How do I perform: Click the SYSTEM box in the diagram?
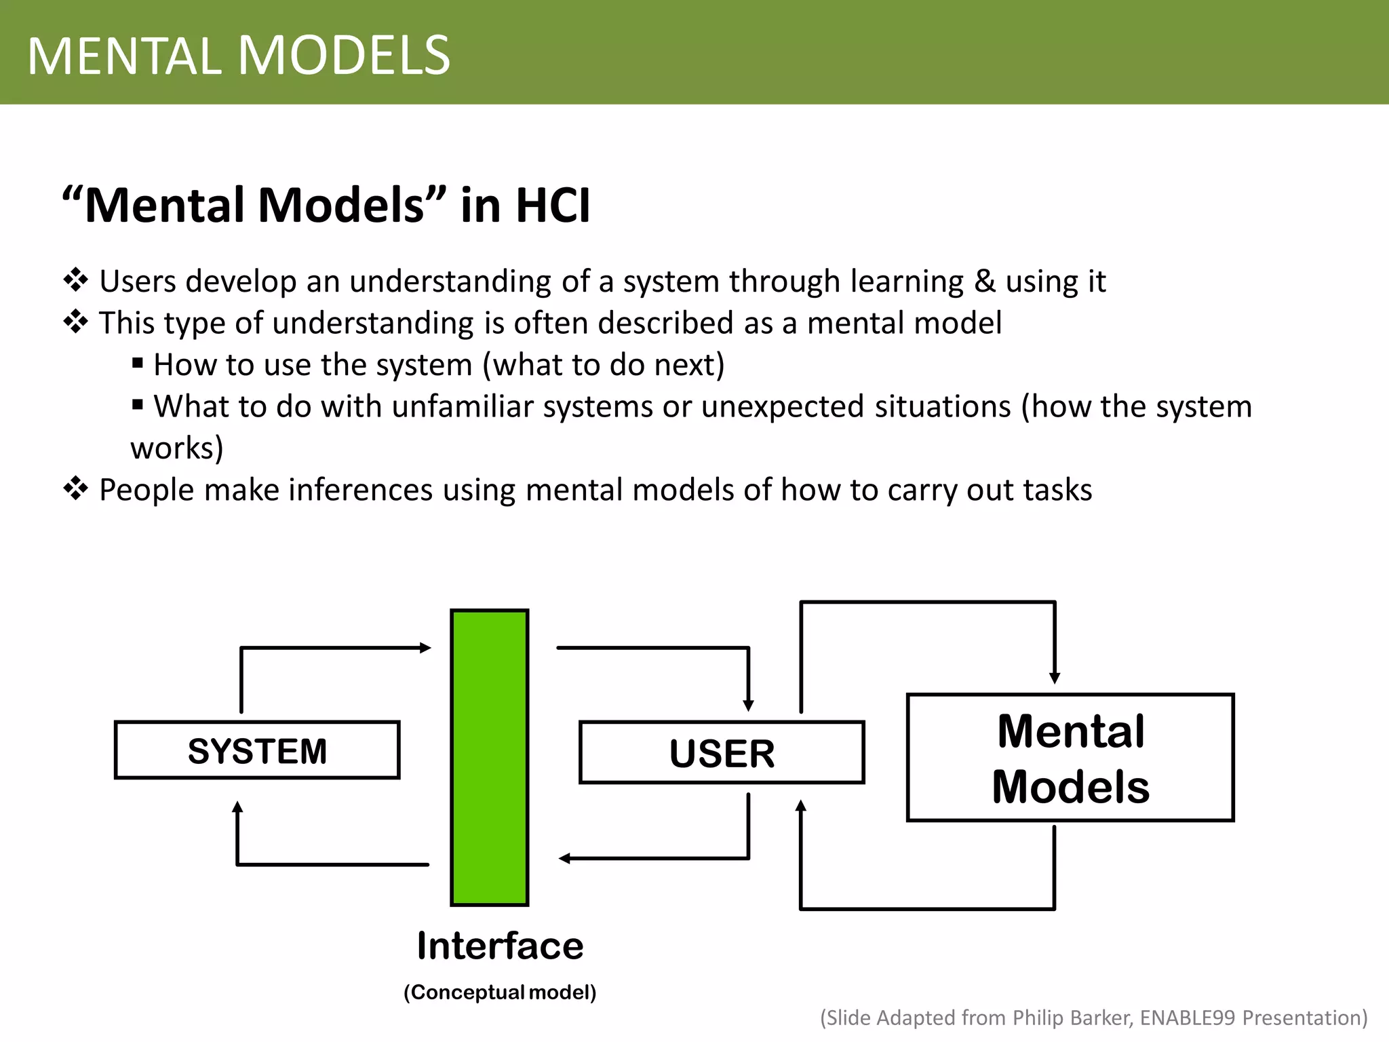point(257,750)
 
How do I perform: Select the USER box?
point(722,753)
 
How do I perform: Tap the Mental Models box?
point(1070,758)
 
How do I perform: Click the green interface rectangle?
point(490,757)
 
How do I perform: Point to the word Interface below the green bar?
point(500,946)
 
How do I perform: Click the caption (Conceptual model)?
point(500,992)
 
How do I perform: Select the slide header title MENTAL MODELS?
point(239,56)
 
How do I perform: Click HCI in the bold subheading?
point(553,205)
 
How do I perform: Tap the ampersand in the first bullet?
point(984,282)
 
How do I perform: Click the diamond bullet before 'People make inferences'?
point(75,488)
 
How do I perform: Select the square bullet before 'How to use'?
point(138,364)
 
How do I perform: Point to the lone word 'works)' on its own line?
point(177,448)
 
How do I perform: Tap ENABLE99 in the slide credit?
point(1187,1018)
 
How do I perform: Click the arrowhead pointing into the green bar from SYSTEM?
point(426,648)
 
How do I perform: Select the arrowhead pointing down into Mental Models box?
point(1055,678)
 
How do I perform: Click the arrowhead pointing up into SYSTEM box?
point(237,807)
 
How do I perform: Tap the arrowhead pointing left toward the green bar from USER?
point(564,859)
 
